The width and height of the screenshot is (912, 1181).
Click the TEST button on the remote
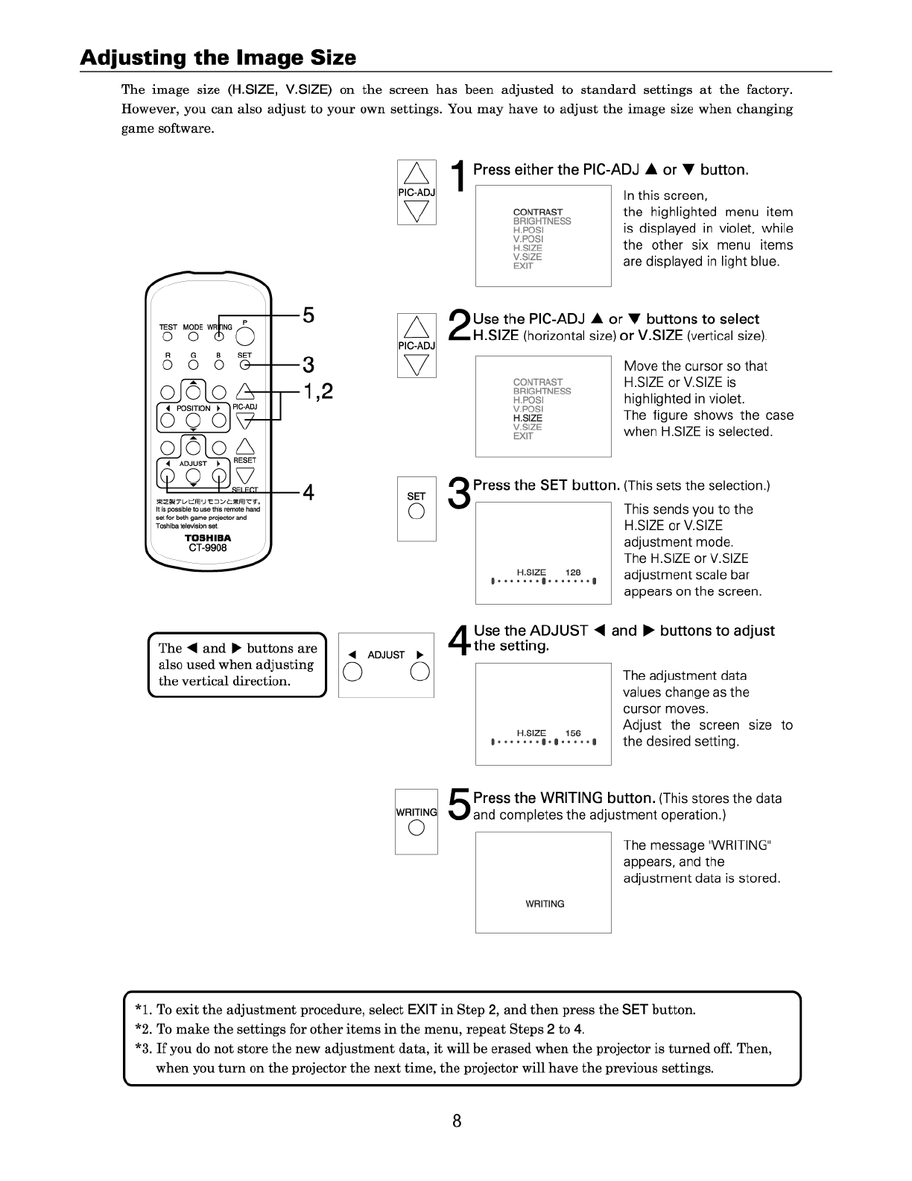(168, 336)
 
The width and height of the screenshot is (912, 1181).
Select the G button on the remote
(193, 365)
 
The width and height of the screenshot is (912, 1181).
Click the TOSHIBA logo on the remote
(208, 538)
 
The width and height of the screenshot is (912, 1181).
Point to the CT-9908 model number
(208, 547)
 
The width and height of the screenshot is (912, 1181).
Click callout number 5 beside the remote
(308, 315)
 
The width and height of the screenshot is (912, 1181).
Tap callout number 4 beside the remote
(308, 493)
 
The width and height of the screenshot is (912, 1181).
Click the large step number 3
(459, 494)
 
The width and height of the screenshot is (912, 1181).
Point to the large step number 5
(459, 806)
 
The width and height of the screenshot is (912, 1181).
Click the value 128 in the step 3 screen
(573, 573)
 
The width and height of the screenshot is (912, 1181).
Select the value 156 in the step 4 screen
(573, 733)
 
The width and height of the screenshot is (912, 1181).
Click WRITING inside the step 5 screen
(545, 904)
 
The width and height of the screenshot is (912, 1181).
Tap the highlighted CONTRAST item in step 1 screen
(538, 212)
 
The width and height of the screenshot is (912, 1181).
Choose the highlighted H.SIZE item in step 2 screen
(528, 418)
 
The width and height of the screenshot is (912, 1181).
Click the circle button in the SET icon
(417, 511)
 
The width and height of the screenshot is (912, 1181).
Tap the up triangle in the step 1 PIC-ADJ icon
(417, 174)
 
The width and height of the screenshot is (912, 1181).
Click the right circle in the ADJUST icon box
(420, 672)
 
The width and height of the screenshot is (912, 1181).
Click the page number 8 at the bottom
(457, 1121)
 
